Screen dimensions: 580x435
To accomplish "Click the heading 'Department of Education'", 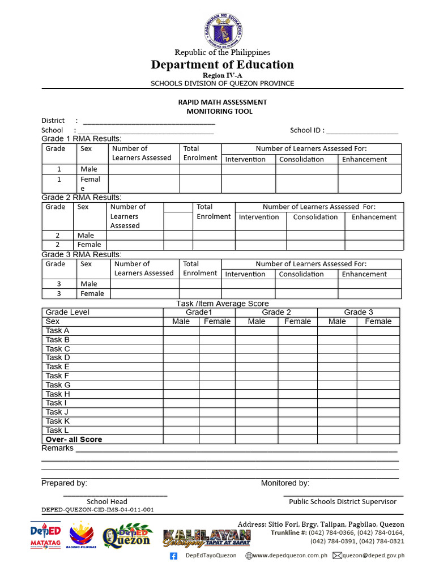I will [222, 65].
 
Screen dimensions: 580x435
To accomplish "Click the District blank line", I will [149, 121].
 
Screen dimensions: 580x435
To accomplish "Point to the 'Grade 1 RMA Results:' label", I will [82, 139].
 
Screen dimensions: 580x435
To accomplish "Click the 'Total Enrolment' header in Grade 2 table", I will [214, 212].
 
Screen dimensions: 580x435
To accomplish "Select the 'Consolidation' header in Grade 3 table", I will [301, 274].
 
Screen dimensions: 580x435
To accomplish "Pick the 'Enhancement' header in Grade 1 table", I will [364, 159].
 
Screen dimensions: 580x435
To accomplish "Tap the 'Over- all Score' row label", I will [74, 440].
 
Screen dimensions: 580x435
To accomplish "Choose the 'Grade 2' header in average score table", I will [276, 312].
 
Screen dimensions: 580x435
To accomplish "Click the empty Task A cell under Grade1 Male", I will [181, 331].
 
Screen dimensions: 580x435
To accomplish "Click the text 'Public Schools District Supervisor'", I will [343, 502].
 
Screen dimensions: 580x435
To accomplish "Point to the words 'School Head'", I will [107, 502].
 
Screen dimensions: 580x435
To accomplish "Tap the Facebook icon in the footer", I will [174, 556].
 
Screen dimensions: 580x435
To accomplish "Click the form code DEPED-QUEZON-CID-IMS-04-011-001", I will [97, 510].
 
